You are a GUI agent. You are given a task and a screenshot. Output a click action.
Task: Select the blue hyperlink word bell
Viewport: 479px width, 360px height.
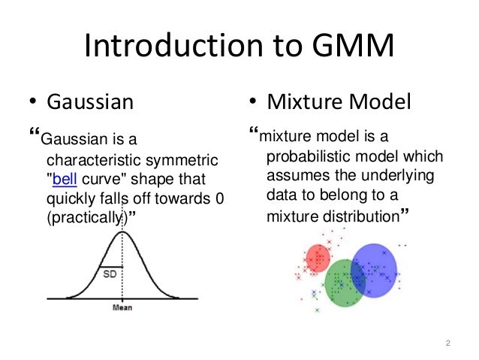coord(65,179)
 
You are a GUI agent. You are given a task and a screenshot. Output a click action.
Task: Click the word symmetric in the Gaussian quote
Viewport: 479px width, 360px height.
coord(184,161)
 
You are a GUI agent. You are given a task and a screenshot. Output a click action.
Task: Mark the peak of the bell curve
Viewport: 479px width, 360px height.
coord(122,231)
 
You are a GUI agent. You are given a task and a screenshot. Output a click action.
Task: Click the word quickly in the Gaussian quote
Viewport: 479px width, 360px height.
coord(68,198)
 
